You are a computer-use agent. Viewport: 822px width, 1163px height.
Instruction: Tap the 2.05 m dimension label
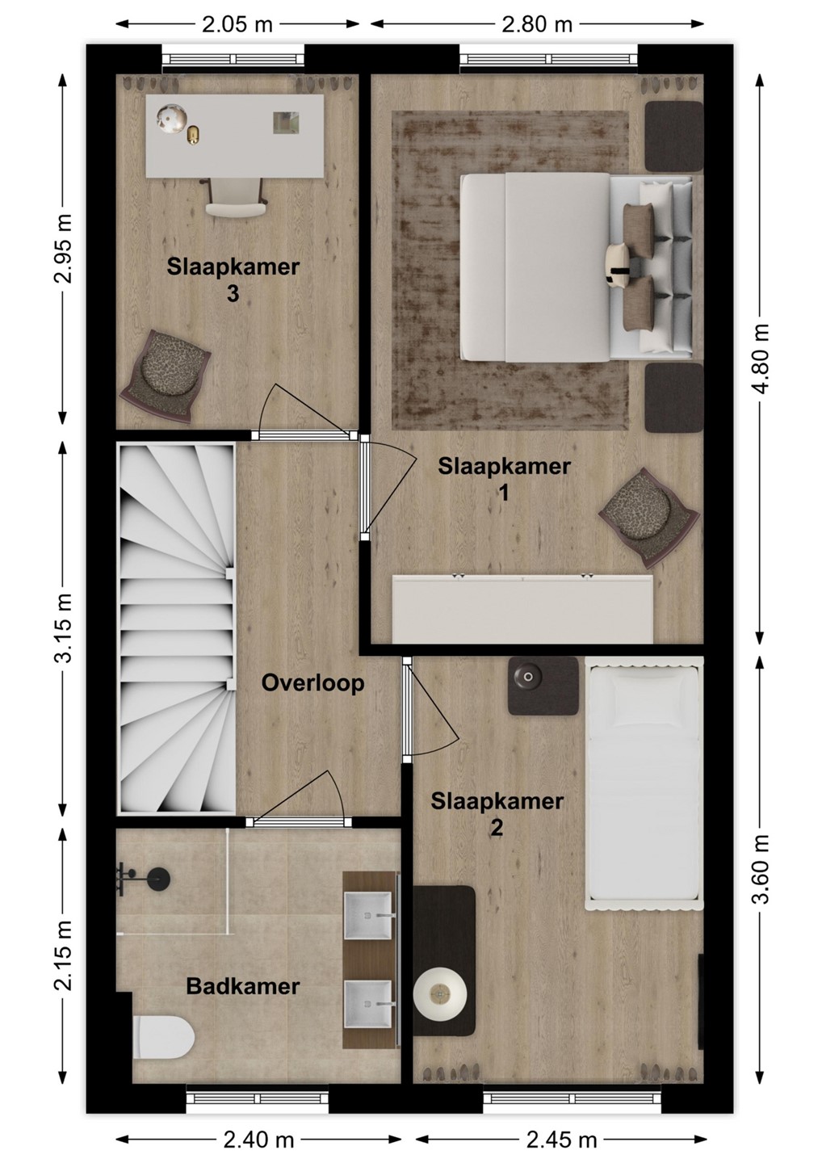click(x=237, y=24)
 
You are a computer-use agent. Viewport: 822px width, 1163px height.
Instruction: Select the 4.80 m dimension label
click(x=761, y=359)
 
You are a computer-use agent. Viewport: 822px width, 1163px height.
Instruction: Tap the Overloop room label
click(x=312, y=683)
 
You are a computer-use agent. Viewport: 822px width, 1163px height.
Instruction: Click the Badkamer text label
click(x=243, y=972)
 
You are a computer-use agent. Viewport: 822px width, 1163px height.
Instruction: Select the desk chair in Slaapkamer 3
click(x=233, y=196)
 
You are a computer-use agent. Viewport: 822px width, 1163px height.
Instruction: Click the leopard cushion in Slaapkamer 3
click(x=165, y=376)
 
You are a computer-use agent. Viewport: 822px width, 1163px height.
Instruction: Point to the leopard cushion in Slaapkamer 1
click(x=648, y=517)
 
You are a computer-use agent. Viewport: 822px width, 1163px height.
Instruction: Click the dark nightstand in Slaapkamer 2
click(x=543, y=686)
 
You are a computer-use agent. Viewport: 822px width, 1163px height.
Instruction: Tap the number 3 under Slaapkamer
click(x=233, y=294)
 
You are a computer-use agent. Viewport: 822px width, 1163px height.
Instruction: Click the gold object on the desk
click(x=194, y=134)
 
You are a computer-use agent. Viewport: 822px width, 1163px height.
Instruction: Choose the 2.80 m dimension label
click(x=537, y=24)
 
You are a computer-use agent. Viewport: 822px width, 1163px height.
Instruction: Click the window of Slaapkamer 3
click(x=233, y=59)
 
